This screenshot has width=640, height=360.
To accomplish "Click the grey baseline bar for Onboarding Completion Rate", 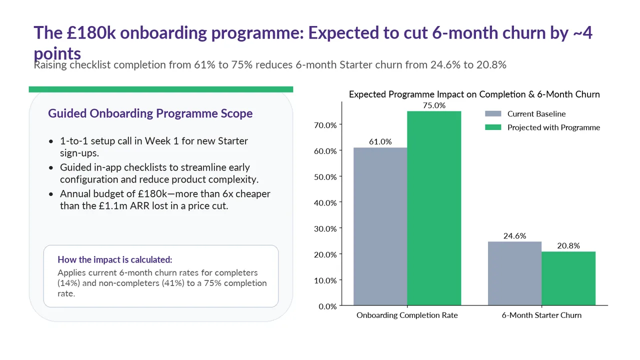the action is pos(380,226).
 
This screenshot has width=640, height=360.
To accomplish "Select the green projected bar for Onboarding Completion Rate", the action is pos(434,208).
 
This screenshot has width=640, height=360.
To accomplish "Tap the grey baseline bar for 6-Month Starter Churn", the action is pos(514,273).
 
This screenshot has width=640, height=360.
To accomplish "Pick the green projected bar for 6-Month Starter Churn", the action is pos(568,278).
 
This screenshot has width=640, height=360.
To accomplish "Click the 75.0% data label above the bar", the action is pos(434,105).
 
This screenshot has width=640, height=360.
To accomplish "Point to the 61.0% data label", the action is pos(380,141).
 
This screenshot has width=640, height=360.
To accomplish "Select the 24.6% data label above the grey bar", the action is pos(514,235).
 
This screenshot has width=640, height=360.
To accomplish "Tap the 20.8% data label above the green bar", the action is pos(568,245).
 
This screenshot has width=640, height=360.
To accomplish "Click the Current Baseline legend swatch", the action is pos(493,113).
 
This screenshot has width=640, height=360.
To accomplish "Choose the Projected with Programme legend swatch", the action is pos(493,127).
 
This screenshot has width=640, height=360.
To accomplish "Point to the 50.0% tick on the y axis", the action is pos(325,177).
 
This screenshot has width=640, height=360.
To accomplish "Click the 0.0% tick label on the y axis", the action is pos(327,306).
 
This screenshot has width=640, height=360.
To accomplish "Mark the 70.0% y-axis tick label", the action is pos(325,125).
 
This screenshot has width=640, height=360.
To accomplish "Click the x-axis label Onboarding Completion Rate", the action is pos(407,315).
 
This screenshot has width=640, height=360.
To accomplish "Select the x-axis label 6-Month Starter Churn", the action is pos(541,315).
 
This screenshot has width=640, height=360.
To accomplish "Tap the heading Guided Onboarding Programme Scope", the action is pos(150,113).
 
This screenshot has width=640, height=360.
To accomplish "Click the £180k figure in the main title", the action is pos(91,32).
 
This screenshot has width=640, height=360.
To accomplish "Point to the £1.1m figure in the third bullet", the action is pos(113,205).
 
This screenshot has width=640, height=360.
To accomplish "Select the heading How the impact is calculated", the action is pos(115,259).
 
